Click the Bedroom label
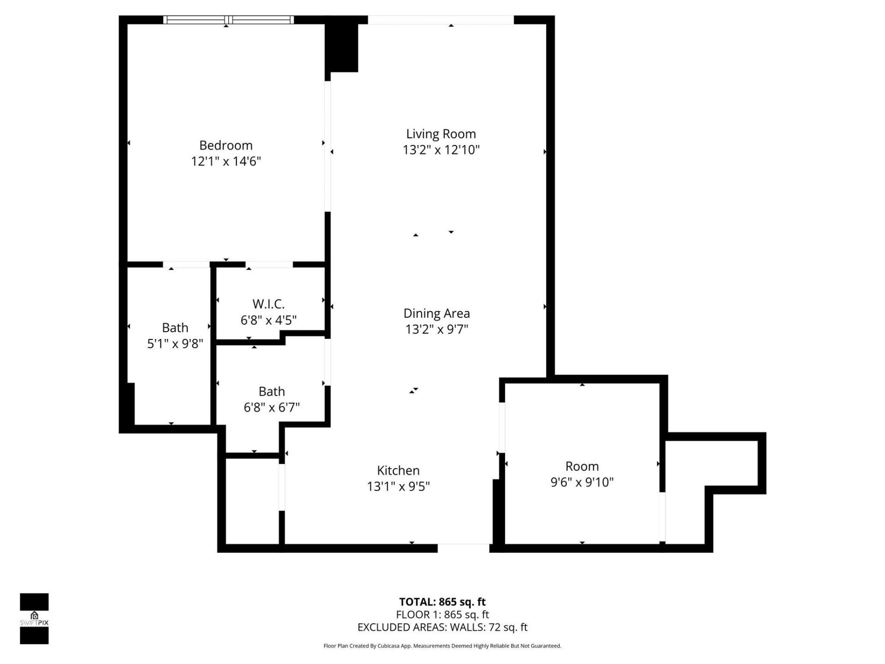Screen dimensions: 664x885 (x=226, y=145)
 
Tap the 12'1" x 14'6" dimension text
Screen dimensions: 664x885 (x=226, y=161)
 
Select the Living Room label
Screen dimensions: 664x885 (x=441, y=134)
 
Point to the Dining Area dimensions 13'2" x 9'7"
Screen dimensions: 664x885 (x=437, y=329)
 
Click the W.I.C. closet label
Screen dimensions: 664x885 (x=268, y=304)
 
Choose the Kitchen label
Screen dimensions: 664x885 (x=398, y=470)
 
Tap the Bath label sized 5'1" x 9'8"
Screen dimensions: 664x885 (x=175, y=327)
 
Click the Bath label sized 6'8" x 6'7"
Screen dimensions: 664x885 (x=271, y=391)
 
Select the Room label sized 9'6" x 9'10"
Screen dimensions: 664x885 (x=582, y=466)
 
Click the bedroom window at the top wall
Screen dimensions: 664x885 (x=228, y=20)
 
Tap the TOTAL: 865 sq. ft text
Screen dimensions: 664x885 (x=442, y=602)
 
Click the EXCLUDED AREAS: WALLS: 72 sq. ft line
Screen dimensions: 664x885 (x=442, y=627)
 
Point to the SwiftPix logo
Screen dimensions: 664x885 (x=34, y=618)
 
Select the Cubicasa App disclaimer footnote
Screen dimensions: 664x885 (x=442, y=646)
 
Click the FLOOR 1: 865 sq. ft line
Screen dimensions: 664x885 (x=442, y=615)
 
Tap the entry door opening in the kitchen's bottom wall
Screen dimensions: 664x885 (x=463, y=548)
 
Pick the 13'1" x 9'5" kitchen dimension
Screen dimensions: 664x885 (x=398, y=486)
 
